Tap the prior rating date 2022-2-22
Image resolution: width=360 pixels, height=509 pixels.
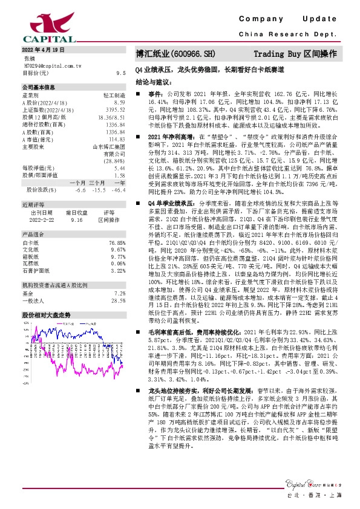click(42, 219)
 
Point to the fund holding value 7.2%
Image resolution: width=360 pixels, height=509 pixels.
click(119, 293)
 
